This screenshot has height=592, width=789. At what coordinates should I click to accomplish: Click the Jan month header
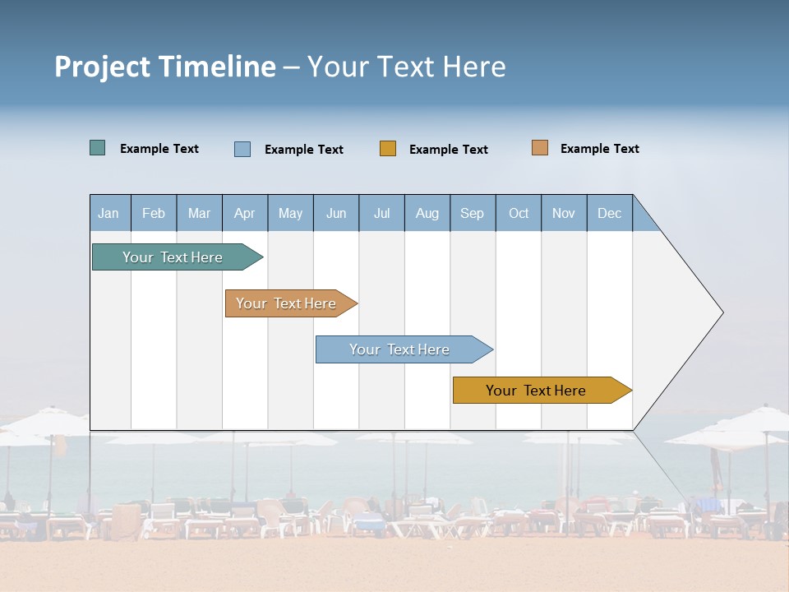[108, 213]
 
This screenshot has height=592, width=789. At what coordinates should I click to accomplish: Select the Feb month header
[154, 213]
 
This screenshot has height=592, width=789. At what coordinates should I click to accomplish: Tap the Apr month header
[244, 213]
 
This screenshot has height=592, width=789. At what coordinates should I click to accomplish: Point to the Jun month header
[336, 213]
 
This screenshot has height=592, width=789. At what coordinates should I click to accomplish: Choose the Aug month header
[427, 213]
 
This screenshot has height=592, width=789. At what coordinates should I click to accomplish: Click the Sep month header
[472, 213]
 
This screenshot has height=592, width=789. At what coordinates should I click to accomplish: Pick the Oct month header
[519, 213]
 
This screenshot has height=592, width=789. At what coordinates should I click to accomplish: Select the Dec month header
[609, 213]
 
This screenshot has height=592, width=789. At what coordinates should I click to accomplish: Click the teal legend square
[97, 148]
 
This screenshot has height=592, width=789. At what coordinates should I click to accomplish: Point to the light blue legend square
[242, 149]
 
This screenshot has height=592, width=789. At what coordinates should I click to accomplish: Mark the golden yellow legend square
[387, 149]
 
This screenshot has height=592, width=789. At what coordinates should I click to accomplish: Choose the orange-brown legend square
[539, 148]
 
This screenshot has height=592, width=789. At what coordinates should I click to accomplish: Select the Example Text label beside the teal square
[159, 149]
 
